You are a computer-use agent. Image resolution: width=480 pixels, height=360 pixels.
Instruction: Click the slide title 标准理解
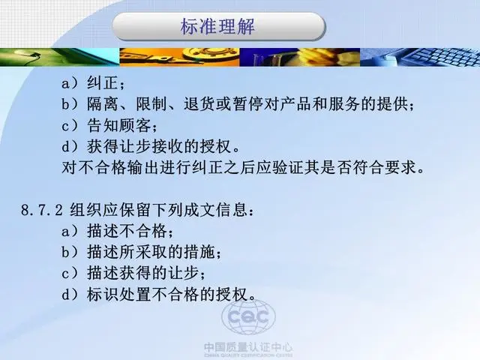(217, 26)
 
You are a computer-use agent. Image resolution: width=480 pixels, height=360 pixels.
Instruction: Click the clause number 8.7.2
(42, 210)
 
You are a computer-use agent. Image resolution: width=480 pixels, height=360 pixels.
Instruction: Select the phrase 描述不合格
(127, 231)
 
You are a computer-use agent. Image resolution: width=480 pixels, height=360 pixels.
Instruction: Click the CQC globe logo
(248, 316)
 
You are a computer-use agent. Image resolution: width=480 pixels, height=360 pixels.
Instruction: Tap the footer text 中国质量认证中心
(248, 347)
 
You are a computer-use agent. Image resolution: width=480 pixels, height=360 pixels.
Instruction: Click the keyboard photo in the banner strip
(420, 57)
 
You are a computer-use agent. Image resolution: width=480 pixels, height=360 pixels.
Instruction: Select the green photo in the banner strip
(60, 57)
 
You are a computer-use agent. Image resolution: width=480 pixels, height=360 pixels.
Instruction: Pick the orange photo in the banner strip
(179, 57)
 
